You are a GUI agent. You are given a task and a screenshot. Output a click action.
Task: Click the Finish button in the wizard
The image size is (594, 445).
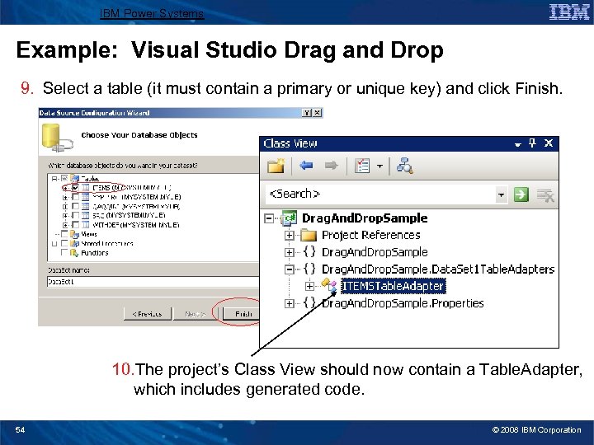[x=243, y=313]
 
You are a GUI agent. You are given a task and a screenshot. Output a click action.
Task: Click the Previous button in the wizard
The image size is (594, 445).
[x=148, y=313]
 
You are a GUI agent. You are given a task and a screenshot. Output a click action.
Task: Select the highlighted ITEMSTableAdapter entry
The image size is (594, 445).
[x=393, y=286]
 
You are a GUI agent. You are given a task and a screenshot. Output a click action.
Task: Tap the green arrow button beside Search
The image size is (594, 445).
[x=521, y=194]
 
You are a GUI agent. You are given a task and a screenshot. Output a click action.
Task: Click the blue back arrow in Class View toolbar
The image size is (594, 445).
[x=307, y=166]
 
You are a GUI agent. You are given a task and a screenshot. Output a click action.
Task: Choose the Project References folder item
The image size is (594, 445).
[x=371, y=235]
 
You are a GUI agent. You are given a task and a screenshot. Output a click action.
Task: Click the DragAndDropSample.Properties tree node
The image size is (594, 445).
[x=403, y=303]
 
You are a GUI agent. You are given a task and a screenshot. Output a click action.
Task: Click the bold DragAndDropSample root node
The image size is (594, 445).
[x=365, y=218]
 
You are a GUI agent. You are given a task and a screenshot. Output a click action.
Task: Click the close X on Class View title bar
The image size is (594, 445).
[x=549, y=143]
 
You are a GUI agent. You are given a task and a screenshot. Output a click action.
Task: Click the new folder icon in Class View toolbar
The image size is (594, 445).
[x=276, y=166]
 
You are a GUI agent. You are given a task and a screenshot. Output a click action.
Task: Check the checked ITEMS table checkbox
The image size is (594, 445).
[x=74, y=188]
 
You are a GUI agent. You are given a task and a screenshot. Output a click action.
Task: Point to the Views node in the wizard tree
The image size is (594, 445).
[x=89, y=234]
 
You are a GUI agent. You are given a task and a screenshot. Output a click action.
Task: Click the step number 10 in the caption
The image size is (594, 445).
[x=124, y=369]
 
